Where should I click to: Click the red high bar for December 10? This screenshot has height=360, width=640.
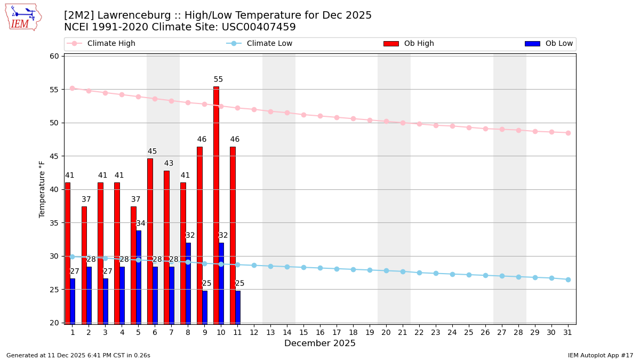tap(216, 205)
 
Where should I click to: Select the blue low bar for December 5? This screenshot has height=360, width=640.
tap(139, 277)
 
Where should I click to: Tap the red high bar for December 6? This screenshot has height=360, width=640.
tap(150, 241)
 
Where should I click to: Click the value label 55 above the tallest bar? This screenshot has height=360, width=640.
tap(218, 79)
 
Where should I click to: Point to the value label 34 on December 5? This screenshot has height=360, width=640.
tap(141, 223)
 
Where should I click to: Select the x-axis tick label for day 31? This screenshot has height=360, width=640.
tap(568, 332)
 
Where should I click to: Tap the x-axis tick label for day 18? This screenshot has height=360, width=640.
tap(353, 332)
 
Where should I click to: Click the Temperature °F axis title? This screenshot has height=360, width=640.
tap(43, 189)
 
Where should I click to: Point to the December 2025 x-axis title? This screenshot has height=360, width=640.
tap(320, 343)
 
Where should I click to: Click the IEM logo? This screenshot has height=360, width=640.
tap(23, 17)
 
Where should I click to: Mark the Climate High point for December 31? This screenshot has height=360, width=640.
tap(568, 133)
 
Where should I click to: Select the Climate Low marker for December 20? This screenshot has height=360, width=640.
tap(386, 270)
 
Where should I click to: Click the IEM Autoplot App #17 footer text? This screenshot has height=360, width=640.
tap(601, 355)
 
